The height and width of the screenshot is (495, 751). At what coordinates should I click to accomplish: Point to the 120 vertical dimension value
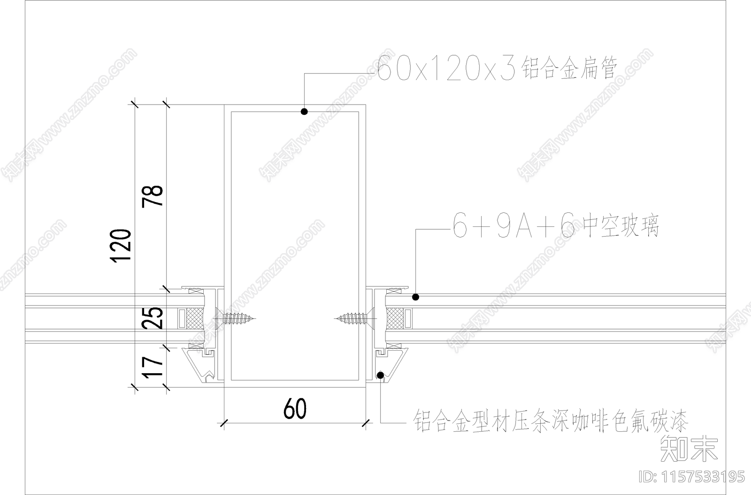[120, 246]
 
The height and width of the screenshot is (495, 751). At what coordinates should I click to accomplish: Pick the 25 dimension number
[155, 317]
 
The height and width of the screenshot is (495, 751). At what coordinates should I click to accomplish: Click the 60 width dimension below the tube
[295, 408]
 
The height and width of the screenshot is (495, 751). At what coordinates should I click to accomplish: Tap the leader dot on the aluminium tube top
[304, 112]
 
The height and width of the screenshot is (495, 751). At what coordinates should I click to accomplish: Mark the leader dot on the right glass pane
[415, 297]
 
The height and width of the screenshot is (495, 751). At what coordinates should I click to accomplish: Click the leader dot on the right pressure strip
[380, 375]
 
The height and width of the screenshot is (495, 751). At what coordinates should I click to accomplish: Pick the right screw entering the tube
[353, 319]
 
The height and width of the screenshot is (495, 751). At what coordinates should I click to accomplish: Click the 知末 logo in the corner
[689, 448]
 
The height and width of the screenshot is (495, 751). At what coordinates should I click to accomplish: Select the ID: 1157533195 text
[692, 477]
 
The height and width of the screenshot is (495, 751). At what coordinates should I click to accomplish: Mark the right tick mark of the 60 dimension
[366, 423]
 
